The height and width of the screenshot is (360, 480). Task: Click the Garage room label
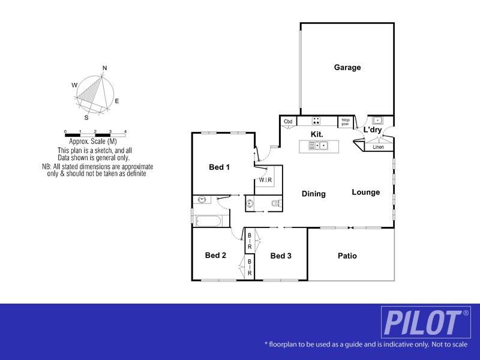(347, 68)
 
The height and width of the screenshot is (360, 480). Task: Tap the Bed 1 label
(219, 167)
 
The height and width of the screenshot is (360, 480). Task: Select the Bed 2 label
(215, 256)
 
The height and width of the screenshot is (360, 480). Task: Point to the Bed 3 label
(281, 256)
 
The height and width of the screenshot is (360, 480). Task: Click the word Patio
(347, 256)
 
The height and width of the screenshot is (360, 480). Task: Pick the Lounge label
(365, 193)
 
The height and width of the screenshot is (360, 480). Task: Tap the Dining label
(313, 194)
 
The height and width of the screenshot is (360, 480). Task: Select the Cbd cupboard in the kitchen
(288, 122)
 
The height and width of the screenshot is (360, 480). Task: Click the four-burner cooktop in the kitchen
(316, 121)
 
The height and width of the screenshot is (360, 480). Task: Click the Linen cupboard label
(378, 147)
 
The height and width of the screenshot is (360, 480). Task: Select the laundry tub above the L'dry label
(378, 120)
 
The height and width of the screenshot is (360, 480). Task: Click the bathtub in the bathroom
(209, 221)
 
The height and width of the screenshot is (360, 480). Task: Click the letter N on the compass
(104, 68)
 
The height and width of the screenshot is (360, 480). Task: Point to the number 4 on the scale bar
(125, 131)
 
